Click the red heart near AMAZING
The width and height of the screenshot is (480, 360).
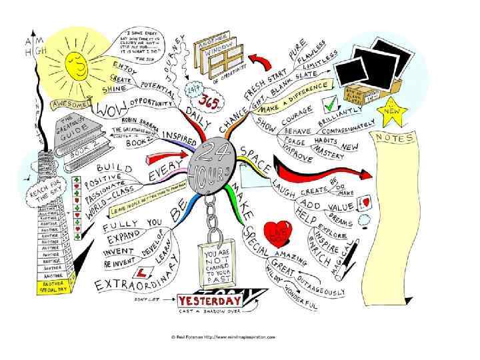pyautogui.click(x=277, y=232)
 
